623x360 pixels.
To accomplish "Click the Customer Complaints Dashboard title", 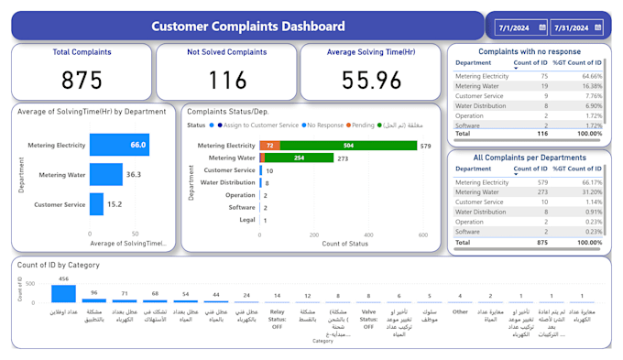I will point(248,27).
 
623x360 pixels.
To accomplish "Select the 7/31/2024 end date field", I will point(572,28).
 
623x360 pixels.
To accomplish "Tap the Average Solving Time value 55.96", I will point(371,81).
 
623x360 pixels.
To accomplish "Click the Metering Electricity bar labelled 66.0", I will point(119,145).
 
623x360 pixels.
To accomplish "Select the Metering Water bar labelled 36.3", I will point(105,174).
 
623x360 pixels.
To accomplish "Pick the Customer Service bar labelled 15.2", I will point(96,204).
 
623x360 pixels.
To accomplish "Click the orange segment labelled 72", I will point(269,146).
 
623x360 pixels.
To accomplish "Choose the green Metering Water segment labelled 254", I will point(300,158).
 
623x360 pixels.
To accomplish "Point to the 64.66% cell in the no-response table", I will point(589,76).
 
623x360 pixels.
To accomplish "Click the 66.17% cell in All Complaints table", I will point(589,182).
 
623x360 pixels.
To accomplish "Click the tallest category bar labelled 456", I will point(63,293).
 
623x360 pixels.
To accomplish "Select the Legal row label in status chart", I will point(246,220).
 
